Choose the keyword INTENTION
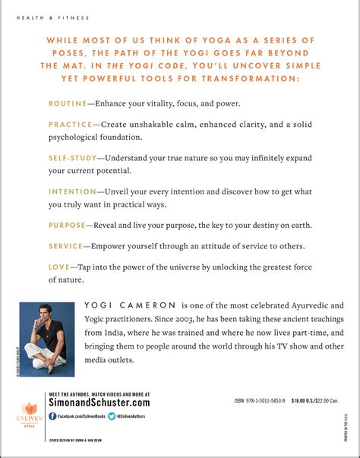click(x=72, y=192)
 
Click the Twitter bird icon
click(x=112, y=416)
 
